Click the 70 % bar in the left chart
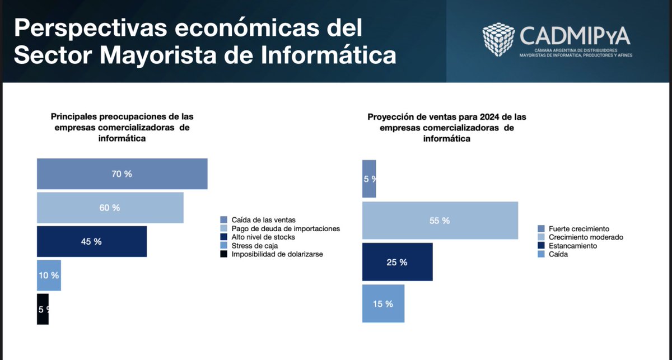tap(122, 174)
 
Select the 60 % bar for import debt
tap(110, 208)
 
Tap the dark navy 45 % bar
tap(92, 241)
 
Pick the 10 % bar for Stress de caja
tap(49, 275)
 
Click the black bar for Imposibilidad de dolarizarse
tap(43, 309)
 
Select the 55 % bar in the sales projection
tap(440, 221)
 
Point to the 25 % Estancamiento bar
tap(397, 261)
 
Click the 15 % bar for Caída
tap(383, 303)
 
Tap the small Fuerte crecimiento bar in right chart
tap(369, 179)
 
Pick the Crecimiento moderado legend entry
tap(586, 237)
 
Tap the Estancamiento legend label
tap(573, 246)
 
